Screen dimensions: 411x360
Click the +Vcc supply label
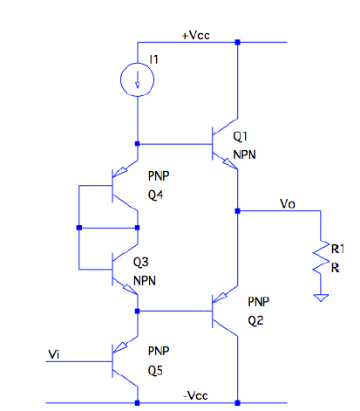coord(196,35)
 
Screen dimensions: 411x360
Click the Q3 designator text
coord(141,263)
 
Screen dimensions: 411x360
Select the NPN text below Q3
coord(145,282)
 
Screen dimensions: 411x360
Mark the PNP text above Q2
coord(259,301)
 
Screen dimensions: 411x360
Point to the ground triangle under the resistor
coord(323,298)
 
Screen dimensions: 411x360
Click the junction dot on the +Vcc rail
coord(237,42)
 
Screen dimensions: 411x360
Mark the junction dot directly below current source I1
coord(138,143)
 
